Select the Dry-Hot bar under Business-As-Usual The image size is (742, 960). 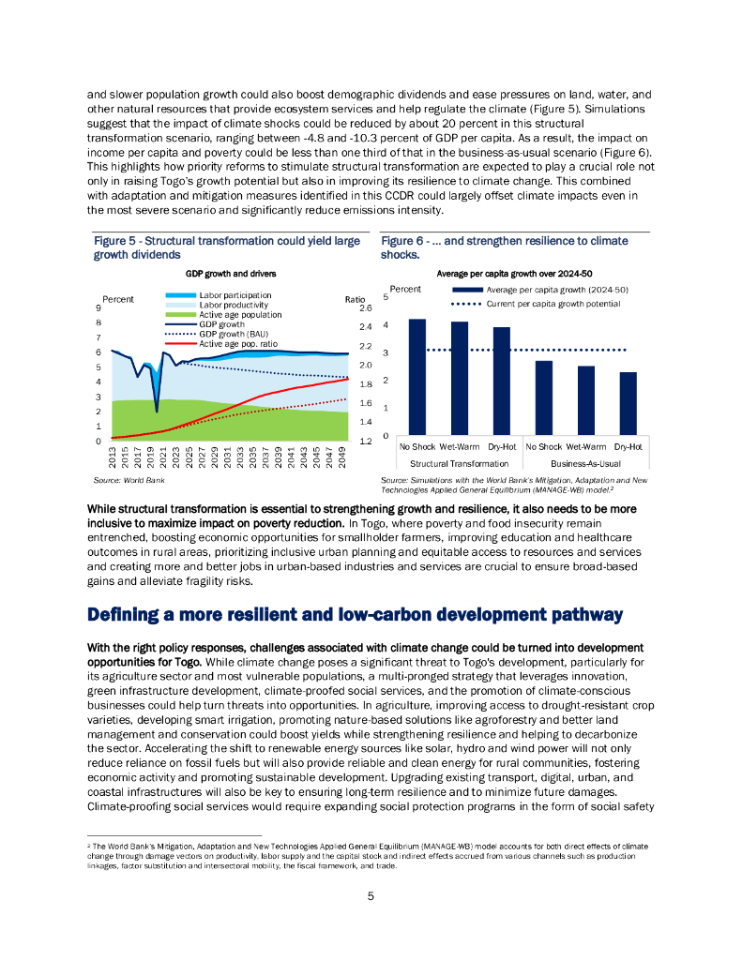point(628,403)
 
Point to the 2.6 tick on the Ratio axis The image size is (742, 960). point(366,307)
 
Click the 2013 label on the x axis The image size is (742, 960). point(113,458)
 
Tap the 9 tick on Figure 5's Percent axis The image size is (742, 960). point(98,307)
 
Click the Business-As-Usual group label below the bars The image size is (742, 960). point(584,463)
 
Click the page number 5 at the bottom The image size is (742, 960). point(371,896)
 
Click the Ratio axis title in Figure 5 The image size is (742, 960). point(356,298)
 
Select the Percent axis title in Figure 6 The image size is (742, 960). point(405,289)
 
